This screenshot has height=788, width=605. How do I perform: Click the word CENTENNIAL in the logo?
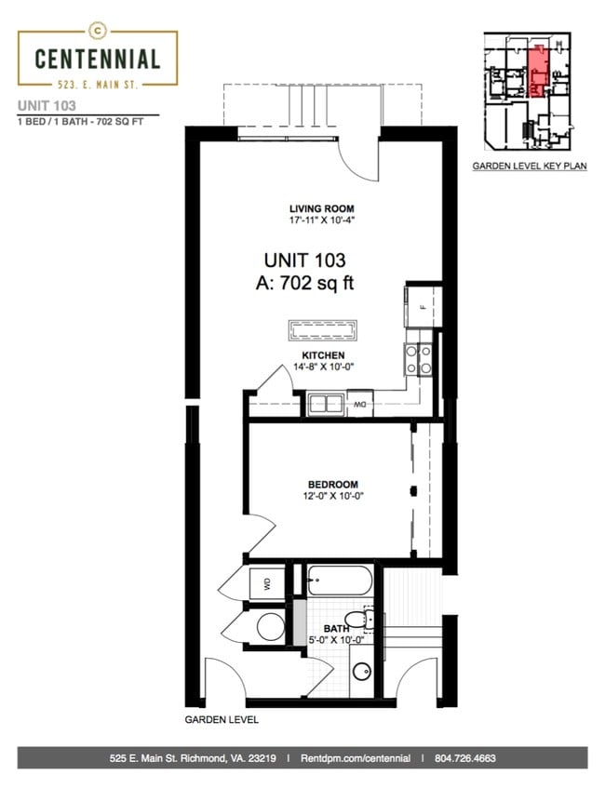click(97, 60)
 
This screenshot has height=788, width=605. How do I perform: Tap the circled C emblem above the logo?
click(97, 29)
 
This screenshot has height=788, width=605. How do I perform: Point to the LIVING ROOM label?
click(322, 208)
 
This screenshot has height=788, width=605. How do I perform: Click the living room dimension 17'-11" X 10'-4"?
click(322, 220)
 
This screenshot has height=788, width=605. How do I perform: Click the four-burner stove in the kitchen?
click(418, 359)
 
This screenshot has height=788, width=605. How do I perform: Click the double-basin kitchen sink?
click(326, 404)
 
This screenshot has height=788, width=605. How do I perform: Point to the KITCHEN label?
click(323, 355)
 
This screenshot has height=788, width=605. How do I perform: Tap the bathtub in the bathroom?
click(339, 581)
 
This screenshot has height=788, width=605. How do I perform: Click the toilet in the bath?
click(356, 620)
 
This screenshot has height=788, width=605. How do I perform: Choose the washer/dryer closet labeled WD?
click(266, 583)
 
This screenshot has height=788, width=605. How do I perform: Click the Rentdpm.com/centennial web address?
click(354, 759)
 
